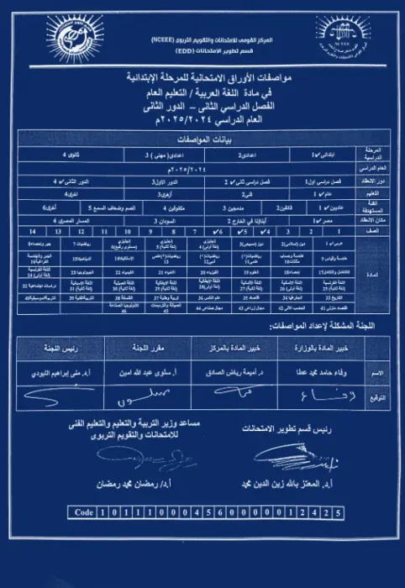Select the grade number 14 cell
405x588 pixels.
pyautogui.click(x=33, y=229)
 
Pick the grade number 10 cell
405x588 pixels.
pyautogui.click(x=125, y=229)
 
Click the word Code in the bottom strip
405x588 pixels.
pyautogui.click(x=84, y=512)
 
